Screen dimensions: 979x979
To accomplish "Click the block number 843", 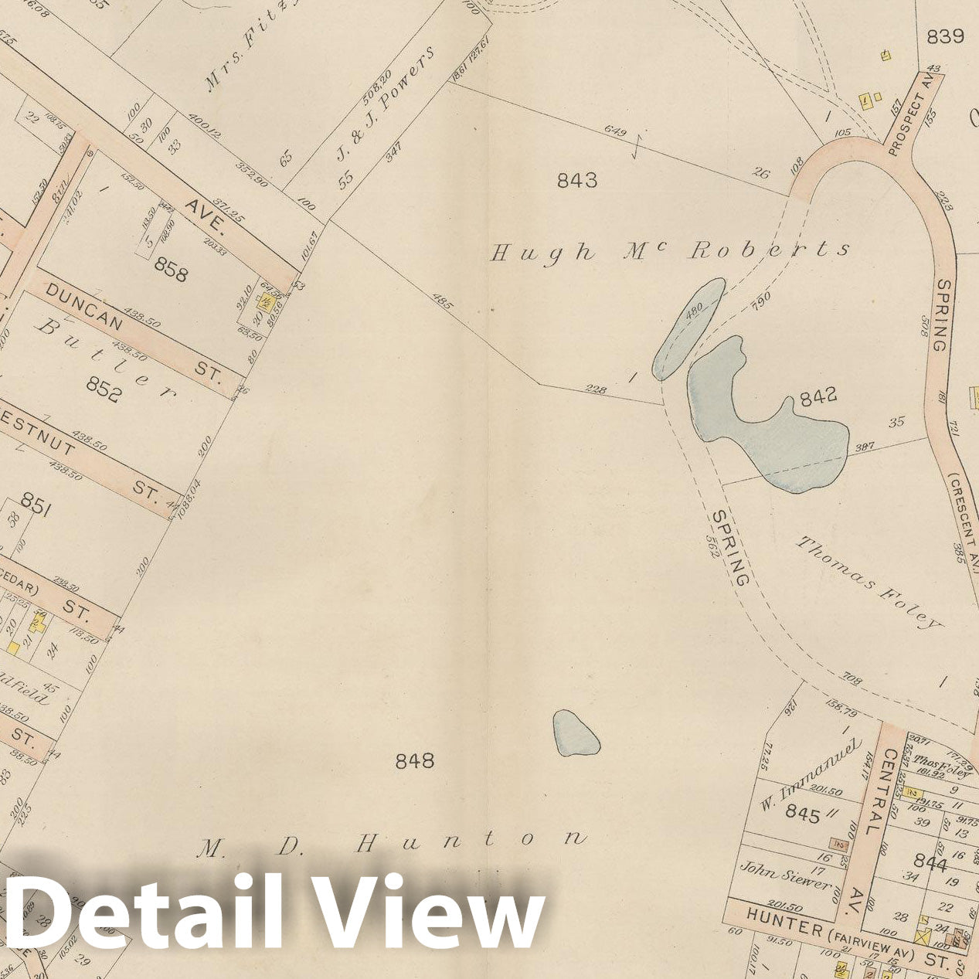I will (x=577, y=180).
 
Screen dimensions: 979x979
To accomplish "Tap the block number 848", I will (x=415, y=761).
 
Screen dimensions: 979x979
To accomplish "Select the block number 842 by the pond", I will (x=818, y=396).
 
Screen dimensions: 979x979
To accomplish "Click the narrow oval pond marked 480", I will (x=690, y=327).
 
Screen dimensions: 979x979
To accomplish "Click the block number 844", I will (x=930, y=862).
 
